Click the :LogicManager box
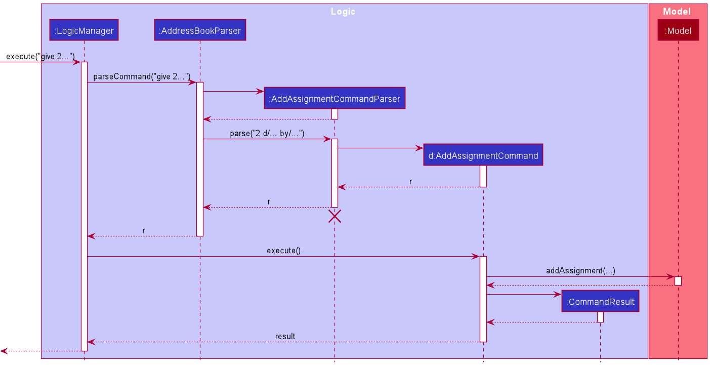click(x=84, y=30)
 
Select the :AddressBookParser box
click(x=200, y=30)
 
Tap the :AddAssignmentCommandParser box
click(x=335, y=99)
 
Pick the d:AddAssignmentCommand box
click(x=483, y=155)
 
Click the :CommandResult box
click(x=600, y=302)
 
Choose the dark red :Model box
click(x=678, y=30)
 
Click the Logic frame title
click(x=343, y=11)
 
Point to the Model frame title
click(x=677, y=11)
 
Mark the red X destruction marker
click(x=335, y=217)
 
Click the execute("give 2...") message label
click(x=40, y=56)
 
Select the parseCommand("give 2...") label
click(x=142, y=76)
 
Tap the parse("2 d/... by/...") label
click(x=267, y=133)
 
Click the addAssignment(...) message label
click(x=580, y=270)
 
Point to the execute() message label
click(x=283, y=250)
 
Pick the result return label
click(x=285, y=336)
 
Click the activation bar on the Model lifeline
click(x=678, y=281)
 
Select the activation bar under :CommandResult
click(x=600, y=317)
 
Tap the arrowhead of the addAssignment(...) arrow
click(x=671, y=277)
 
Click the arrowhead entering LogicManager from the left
click(x=77, y=62)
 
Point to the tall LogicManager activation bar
click(x=84, y=202)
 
